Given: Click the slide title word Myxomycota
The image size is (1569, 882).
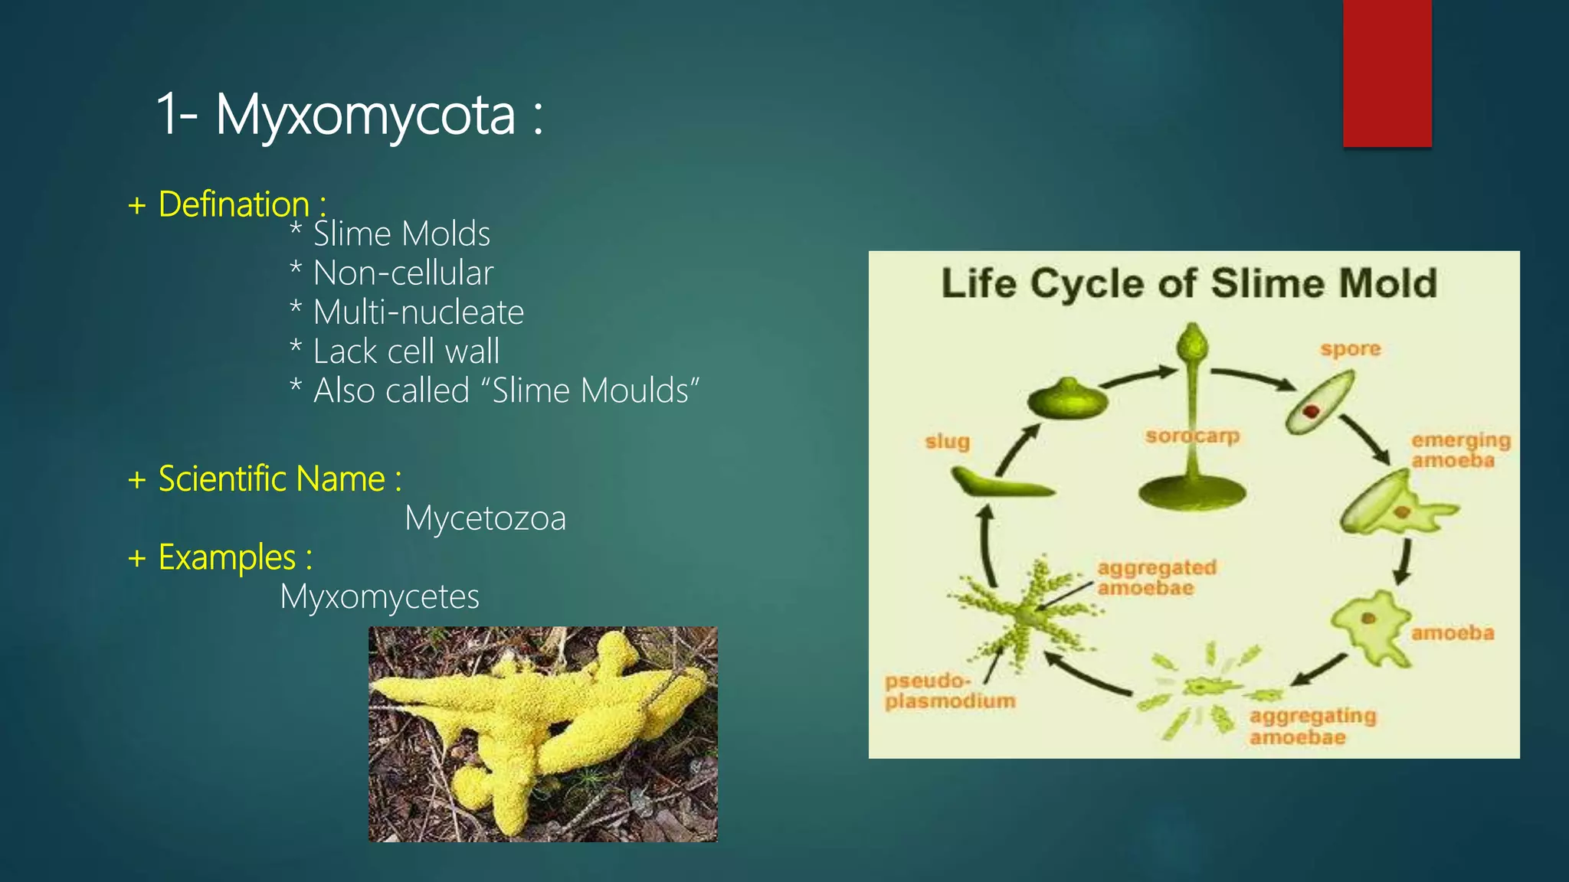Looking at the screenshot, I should pyautogui.click(x=365, y=115).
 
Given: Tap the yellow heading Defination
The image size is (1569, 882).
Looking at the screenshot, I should pyautogui.click(x=234, y=204).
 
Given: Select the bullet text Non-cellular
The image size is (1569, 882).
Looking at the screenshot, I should pyautogui.click(x=403, y=273).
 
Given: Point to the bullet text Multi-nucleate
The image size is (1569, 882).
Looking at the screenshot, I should pyautogui.click(x=418, y=312).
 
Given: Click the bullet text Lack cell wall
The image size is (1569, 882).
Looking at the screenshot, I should pyautogui.click(x=406, y=351).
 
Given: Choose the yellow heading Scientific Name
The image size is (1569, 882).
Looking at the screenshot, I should pyautogui.click(x=271, y=479).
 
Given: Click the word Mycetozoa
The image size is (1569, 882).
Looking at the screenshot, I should pyautogui.click(x=485, y=518).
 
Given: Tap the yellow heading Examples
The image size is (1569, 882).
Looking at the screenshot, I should pyautogui.click(x=227, y=557).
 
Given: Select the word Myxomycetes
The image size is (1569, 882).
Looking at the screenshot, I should pyautogui.click(x=379, y=596).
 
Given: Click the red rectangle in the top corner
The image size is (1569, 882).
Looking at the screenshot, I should pyautogui.click(x=1387, y=73).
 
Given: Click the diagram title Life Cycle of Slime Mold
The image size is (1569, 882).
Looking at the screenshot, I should pyautogui.click(x=1188, y=283).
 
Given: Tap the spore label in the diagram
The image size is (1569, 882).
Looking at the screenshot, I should pyautogui.click(x=1350, y=349).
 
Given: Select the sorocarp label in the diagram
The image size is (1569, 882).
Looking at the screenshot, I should pyautogui.click(x=1192, y=436).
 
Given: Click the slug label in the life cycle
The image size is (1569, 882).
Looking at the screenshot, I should pyautogui.click(x=947, y=442).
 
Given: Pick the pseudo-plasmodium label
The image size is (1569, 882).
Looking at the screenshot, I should pyautogui.click(x=950, y=691).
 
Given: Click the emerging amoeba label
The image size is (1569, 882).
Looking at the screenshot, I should pyautogui.click(x=1460, y=450).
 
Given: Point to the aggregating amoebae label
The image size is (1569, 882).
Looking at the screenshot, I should pyautogui.click(x=1312, y=726).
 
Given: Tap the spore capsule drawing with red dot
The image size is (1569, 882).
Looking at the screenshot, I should pyautogui.click(x=1318, y=403).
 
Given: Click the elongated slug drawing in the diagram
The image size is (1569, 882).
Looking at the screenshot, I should pyautogui.click(x=1000, y=484).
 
